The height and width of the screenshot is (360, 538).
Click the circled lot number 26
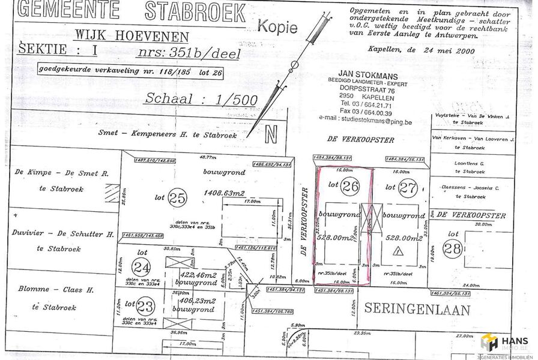click(x=351, y=187)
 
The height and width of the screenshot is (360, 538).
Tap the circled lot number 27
click(x=408, y=187)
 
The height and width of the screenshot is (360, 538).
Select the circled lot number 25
click(x=177, y=196)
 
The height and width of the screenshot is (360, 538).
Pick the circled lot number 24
click(x=142, y=266)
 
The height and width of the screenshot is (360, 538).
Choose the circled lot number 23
click(x=145, y=305)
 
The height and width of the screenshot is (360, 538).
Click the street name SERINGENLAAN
click(x=417, y=310)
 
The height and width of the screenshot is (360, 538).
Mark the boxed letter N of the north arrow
click(x=271, y=134)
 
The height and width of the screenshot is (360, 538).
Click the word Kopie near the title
click(x=277, y=26)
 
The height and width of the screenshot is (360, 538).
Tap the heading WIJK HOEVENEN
click(x=131, y=37)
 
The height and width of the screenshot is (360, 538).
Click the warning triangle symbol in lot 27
click(x=397, y=253)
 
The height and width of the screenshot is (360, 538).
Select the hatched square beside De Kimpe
click(x=112, y=193)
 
